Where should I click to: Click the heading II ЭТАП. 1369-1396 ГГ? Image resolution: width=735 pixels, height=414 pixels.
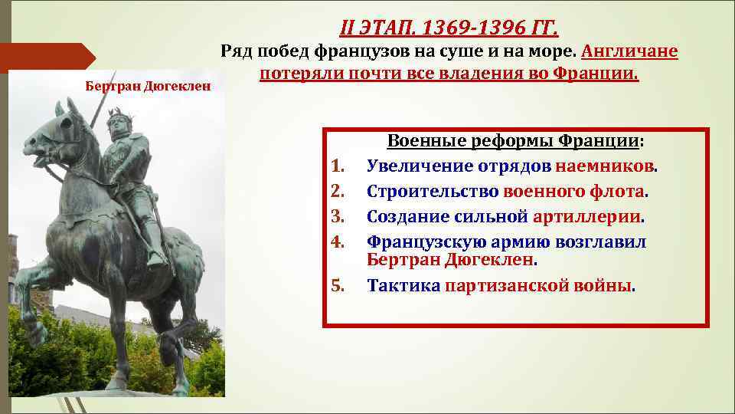tap(449, 28)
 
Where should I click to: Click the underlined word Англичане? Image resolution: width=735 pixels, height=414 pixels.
tap(629, 52)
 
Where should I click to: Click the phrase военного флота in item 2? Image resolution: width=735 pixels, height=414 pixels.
tap(574, 192)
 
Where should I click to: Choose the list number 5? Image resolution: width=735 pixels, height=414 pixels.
tap(338, 287)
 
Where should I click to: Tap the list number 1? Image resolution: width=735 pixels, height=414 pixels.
tap(338, 166)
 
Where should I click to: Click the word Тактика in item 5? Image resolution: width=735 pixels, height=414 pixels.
tap(403, 287)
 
